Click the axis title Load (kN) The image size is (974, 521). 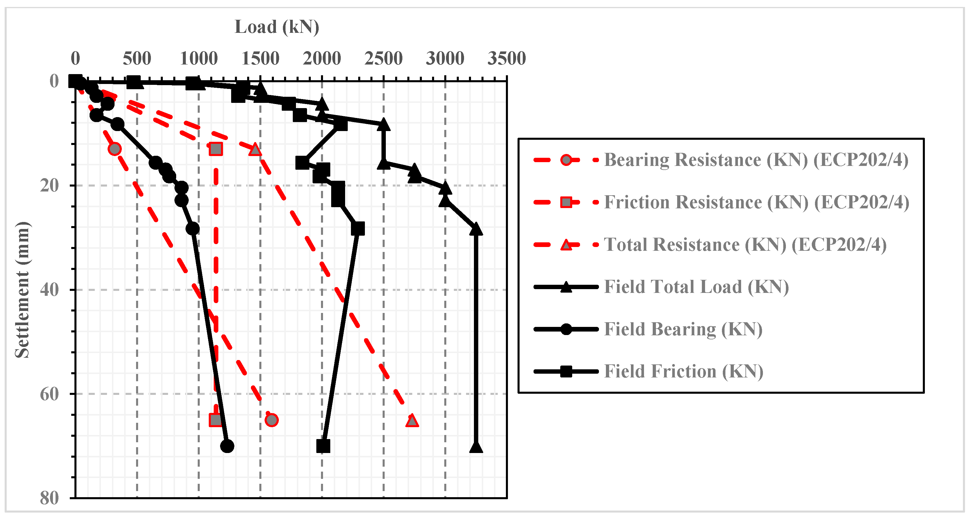277,27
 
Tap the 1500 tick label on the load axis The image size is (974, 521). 260,59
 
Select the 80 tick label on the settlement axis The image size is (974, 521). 49,498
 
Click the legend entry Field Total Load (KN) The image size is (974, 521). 696,287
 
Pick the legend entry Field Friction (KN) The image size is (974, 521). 683,371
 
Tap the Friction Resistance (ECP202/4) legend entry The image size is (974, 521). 756,202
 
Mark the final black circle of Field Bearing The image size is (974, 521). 227,446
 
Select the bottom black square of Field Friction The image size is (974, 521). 323,446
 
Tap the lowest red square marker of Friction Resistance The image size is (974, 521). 215,420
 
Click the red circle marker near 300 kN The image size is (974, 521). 115,149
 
